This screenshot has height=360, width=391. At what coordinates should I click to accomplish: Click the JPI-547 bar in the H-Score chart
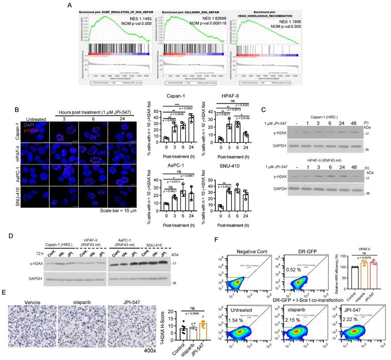pyautogui.click(x=189, y=331)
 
